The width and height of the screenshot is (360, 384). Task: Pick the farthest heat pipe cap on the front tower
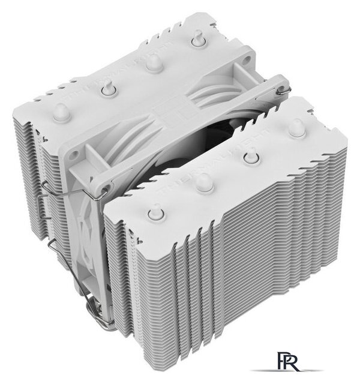click(x=295, y=128)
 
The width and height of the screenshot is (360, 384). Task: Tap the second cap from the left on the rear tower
click(x=108, y=88)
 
